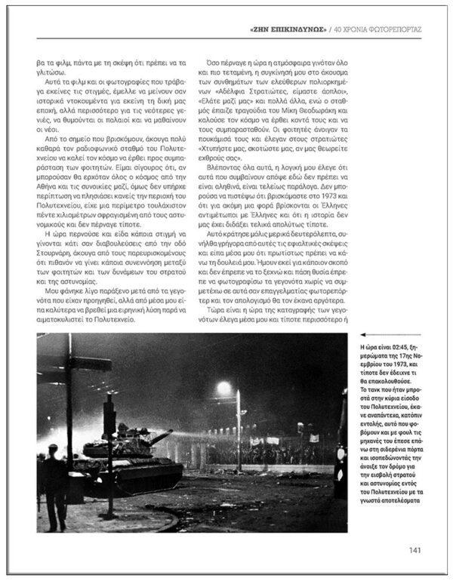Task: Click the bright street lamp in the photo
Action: click(x=224, y=388)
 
